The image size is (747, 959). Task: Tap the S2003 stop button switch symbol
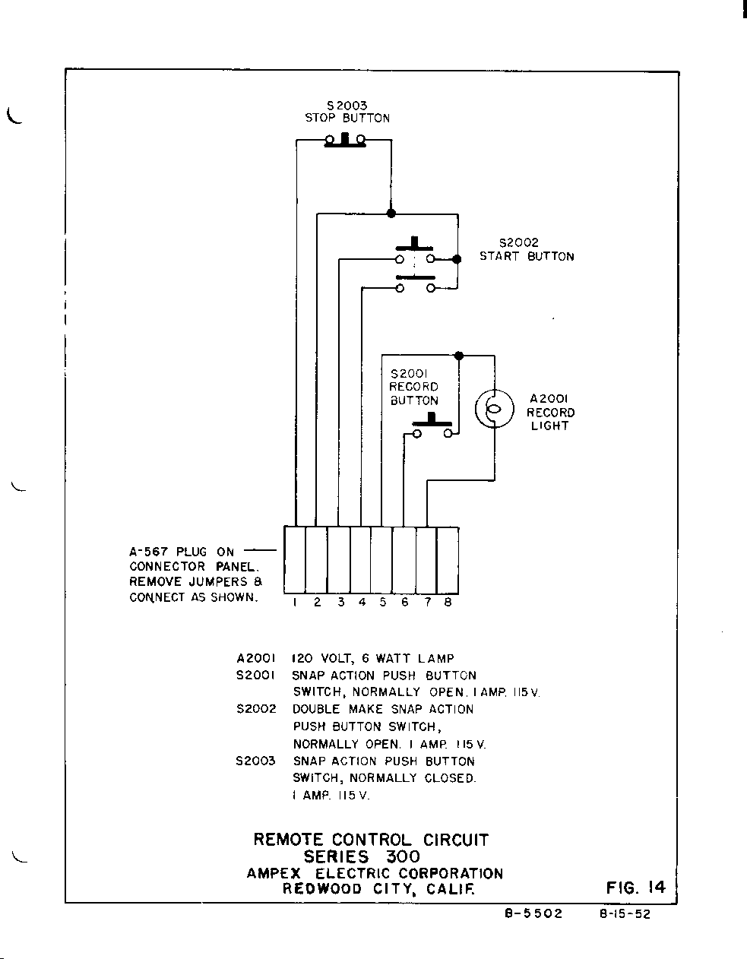pos(345,140)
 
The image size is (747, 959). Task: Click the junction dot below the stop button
pos(391,214)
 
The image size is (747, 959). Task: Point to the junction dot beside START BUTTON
pos(457,259)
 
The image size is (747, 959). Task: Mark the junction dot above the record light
pos(458,355)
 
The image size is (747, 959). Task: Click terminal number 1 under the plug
pos(294,603)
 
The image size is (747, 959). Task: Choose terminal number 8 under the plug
pos(448,603)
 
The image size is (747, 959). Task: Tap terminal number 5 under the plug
pos(383,603)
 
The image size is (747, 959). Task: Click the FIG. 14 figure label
pos(636,887)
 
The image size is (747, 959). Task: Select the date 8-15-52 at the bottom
pos(625,914)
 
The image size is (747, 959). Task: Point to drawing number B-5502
pos(533,914)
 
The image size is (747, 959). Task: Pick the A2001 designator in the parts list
pos(255,659)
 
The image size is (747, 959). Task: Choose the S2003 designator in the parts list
pos(255,761)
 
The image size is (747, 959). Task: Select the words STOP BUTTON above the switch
pos(347,119)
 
